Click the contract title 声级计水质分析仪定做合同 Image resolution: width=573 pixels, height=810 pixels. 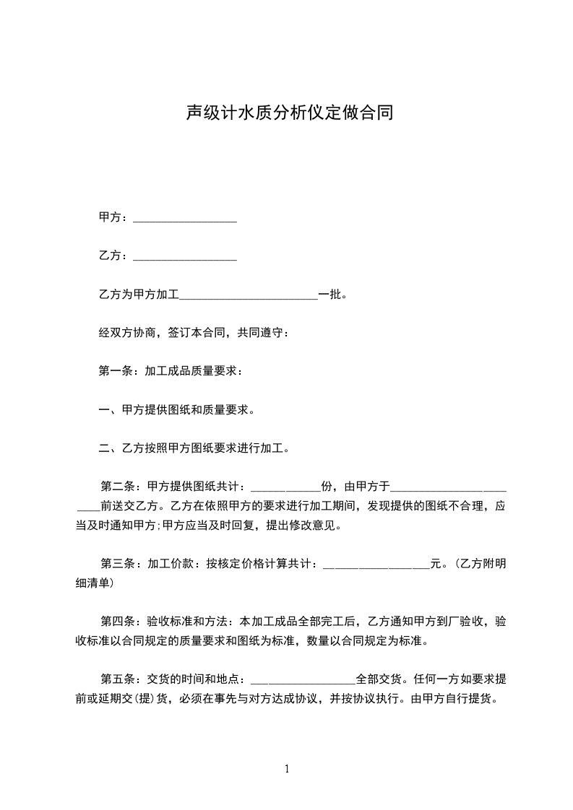pos(289,113)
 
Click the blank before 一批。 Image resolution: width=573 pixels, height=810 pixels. pos(249,296)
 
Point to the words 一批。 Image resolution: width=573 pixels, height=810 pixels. pos(333,295)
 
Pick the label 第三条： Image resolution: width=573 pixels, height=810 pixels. pos(123,565)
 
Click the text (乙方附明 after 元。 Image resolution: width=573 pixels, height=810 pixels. pos(478,565)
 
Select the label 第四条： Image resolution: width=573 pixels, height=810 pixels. pos(123,621)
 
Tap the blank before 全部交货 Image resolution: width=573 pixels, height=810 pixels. pos(302,681)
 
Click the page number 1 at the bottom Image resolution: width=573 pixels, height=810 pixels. pos(287,769)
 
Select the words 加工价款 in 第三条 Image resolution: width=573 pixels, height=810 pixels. pos(170,565)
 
